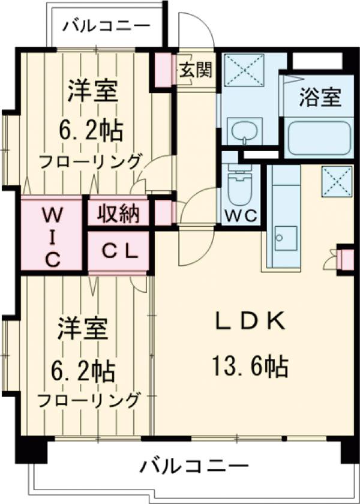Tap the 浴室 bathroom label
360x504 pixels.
click(321, 96)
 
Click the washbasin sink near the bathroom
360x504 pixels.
click(244, 131)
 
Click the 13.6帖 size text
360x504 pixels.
click(249, 364)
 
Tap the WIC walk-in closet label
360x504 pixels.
click(52, 236)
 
